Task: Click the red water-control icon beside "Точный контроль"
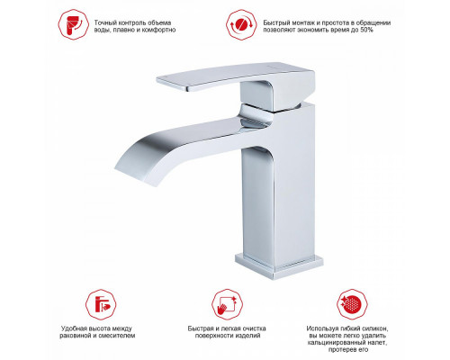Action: (x=73, y=24)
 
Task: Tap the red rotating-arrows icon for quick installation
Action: (x=241, y=24)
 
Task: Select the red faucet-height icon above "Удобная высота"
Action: (x=101, y=304)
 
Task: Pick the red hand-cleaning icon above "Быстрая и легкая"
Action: (x=227, y=304)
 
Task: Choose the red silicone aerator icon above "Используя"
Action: (x=352, y=304)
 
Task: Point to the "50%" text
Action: (x=366, y=30)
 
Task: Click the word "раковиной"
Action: (x=75, y=336)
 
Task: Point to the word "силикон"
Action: (x=378, y=328)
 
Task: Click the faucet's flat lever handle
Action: (x=228, y=76)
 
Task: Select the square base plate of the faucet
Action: (x=279, y=266)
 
